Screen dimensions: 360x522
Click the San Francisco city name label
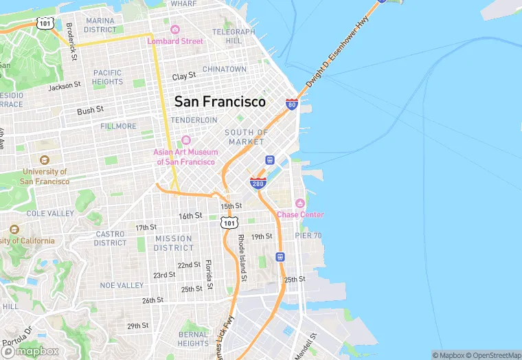tap(220, 102)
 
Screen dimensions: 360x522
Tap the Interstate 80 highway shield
tap(292, 104)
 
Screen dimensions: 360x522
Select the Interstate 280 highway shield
tap(258, 183)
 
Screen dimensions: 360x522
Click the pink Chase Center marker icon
tap(299, 203)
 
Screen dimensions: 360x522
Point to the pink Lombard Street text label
tap(175, 41)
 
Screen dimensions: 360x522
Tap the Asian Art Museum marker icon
tap(186, 141)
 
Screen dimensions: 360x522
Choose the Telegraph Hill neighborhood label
tap(234, 36)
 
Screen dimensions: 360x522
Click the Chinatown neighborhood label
tap(224, 69)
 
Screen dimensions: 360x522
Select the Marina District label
tap(100, 25)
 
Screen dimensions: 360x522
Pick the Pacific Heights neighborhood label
tap(108, 77)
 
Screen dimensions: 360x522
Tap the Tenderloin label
tap(194, 120)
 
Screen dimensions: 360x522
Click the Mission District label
tap(173, 243)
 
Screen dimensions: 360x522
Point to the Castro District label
tap(110, 238)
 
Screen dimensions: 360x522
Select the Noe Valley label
tap(121, 284)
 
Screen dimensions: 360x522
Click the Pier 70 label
tap(308, 236)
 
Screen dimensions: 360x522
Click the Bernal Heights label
tap(193, 339)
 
